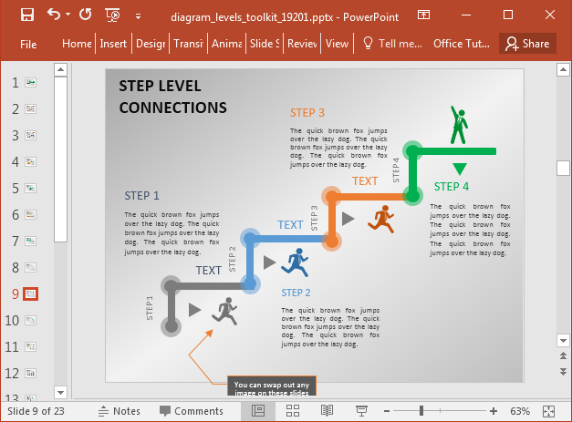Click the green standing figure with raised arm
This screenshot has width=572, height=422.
(x=459, y=126)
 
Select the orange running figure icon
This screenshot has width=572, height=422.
(x=381, y=219)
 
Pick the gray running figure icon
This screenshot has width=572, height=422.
(x=224, y=312)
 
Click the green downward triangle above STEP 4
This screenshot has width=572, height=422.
(x=460, y=169)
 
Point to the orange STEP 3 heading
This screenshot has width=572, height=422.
(x=307, y=113)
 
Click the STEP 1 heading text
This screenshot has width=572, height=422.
(x=142, y=195)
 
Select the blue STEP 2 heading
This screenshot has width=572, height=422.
(x=296, y=293)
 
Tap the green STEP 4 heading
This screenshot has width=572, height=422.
(x=452, y=187)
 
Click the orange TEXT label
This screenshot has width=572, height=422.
(x=365, y=181)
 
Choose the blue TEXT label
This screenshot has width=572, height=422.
(x=290, y=225)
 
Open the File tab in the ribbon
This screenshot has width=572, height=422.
(x=28, y=44)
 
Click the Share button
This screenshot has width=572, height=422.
(x=527, y=44)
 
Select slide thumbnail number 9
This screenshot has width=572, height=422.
(x=30, y=293)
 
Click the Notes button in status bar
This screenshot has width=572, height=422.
(x=120, y=411)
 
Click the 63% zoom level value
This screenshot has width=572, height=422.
(x=546, y=411)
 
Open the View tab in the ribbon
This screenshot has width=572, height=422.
(x=337, y=44)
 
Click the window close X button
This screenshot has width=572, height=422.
(x=551, y=15)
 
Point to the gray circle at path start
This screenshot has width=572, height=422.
(x=171, y=325)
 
